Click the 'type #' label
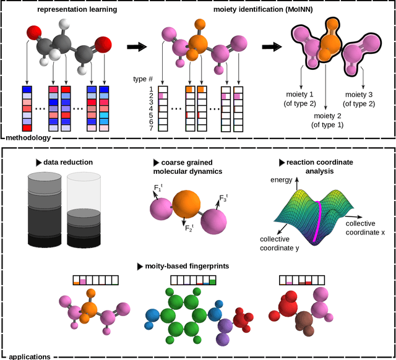pyautogui.click(x=143, y=80)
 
